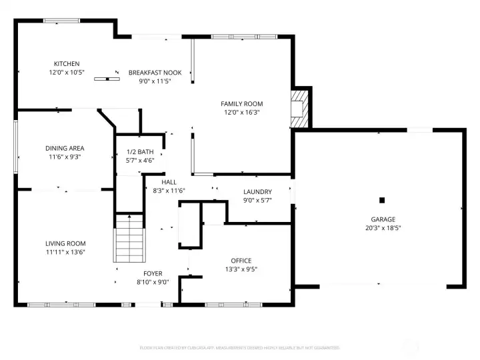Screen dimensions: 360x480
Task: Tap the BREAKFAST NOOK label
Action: pos(150,72)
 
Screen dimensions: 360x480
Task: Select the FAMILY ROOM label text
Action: pos(242,103)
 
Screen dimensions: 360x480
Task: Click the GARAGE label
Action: pos(383,219)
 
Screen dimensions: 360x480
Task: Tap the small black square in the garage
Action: pos(382,199)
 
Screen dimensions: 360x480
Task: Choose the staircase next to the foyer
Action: pos(129,238)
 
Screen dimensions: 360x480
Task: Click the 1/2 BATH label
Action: pos(140,152)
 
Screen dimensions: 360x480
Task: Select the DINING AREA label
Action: pos(65,148)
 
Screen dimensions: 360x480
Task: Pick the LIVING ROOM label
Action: pos(65,243)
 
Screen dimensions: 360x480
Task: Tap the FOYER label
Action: pos(153,273)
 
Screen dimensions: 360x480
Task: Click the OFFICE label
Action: pos(241,261)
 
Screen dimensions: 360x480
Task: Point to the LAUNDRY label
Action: pos(257,191)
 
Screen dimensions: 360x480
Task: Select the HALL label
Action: pos(169,181)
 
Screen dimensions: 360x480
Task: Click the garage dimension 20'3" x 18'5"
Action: pos(383,227)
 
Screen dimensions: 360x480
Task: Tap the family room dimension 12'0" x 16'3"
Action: pos(242,112)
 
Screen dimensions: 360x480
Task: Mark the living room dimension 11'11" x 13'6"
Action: pos(65,252)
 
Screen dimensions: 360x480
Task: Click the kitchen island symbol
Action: pos(105,79)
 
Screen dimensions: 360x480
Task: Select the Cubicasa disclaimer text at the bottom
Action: pos(239,347)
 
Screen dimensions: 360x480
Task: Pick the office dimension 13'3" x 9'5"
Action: pos(241,269)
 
